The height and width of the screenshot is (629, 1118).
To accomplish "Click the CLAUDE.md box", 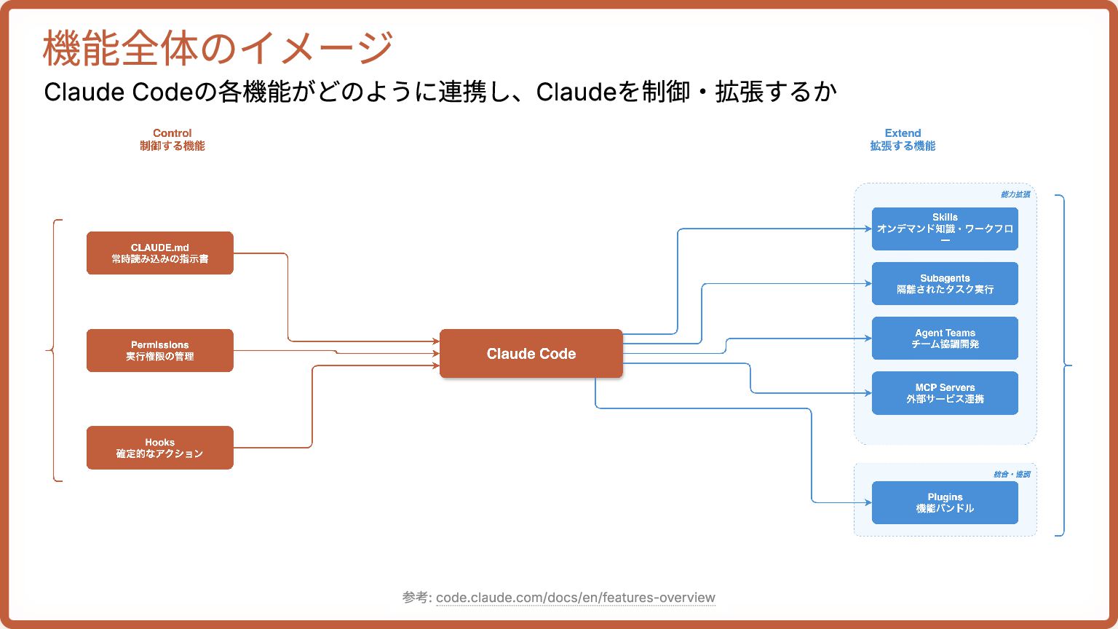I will point(159,253).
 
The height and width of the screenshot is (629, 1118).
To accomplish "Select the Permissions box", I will point(159,350).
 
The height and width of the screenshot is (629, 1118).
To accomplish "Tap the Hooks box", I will point(159,448).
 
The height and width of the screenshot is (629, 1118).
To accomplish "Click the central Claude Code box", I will point(531,354).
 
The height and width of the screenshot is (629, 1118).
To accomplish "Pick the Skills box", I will point(945,229).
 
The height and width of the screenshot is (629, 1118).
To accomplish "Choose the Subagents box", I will point(945,283).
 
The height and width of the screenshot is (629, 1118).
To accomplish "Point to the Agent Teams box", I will point(945,338).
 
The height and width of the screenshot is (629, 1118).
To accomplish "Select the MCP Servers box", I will point(945,393).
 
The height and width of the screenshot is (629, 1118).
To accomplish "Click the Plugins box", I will point(945,502).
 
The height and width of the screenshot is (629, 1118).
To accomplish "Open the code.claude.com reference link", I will point(575,598).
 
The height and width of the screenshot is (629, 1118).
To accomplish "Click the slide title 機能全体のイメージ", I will point(218,48).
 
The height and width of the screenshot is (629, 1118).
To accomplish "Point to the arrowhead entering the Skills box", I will point(868,229).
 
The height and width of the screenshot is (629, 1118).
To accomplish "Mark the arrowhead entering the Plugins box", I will point(868,502).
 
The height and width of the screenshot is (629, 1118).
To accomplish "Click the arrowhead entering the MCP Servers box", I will point(868,393).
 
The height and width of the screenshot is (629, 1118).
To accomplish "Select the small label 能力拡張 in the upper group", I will point(1015,194).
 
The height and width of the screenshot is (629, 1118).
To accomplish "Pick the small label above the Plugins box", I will point(1012,475).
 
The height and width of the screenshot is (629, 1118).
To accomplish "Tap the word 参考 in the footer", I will point(415,598).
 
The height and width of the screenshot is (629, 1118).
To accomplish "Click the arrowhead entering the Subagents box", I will point(868,283).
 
